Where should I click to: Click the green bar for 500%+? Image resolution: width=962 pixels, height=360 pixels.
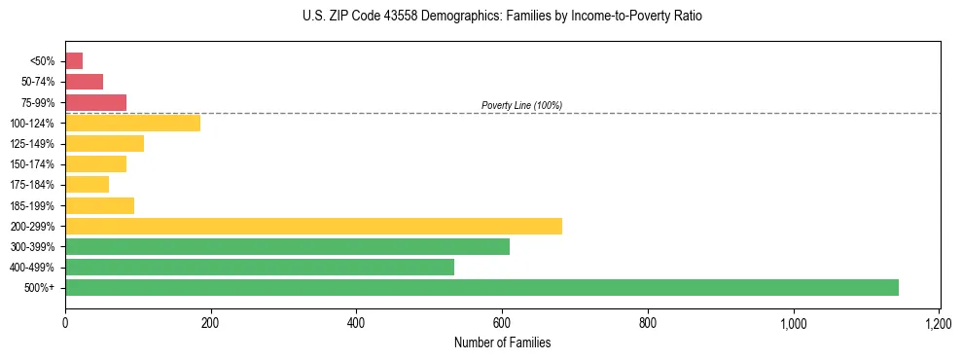(481, 287)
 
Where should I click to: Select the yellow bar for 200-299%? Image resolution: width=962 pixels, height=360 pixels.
(313, 226)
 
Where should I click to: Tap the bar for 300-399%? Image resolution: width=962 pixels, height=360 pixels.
(287, 246)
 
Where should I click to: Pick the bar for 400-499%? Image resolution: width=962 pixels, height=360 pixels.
(260, 267)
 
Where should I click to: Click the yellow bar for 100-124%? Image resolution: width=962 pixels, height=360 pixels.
(132, 123)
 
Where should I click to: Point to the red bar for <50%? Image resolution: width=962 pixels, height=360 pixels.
(74, 61)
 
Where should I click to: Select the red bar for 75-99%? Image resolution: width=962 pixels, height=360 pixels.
(95, 102)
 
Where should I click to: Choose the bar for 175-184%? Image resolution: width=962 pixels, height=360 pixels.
(87, 184)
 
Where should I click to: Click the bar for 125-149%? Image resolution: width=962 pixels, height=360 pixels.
(104, 143)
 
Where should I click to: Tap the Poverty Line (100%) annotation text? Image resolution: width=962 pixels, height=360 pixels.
(521, 105)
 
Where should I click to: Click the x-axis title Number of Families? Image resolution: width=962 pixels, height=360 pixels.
(502, 342)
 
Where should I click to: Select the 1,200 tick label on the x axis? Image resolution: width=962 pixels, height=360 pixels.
(939, 323)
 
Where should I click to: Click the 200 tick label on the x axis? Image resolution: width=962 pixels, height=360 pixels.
(210, 323)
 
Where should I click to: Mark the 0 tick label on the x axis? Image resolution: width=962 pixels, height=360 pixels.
(65, 323)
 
